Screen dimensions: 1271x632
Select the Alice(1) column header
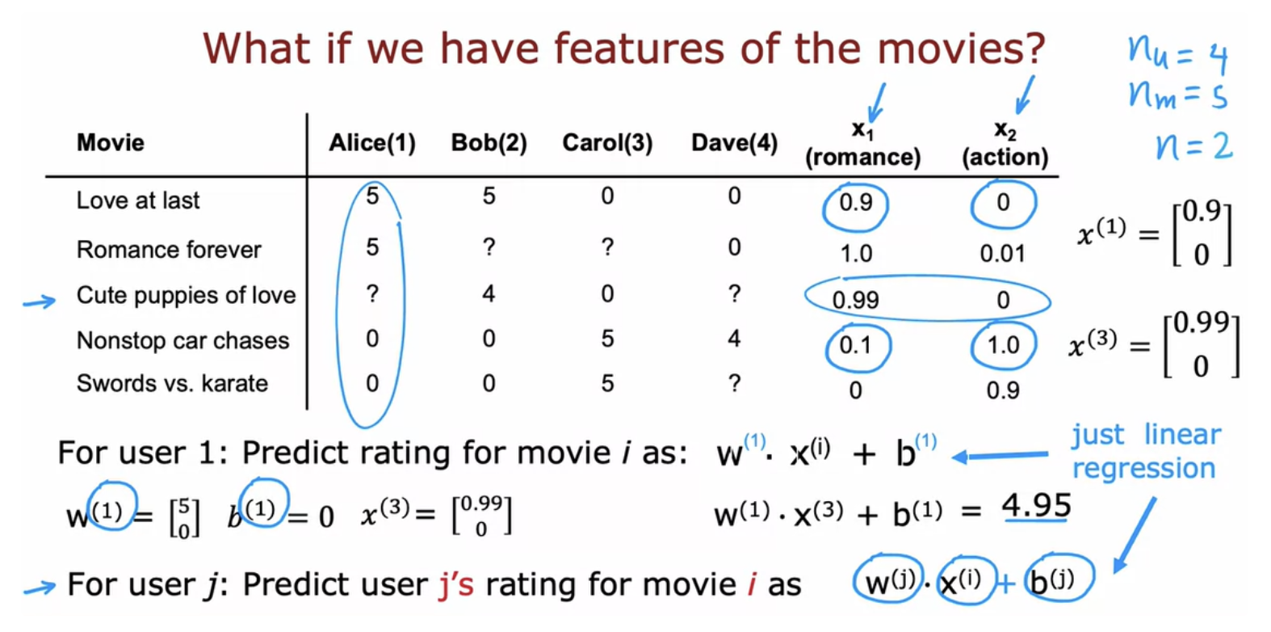(x=372, y=142)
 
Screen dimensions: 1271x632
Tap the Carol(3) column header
(x=607, y=142)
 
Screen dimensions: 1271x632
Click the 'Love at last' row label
(x=138, y=200)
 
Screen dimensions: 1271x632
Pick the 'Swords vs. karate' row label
(x=172, y=384)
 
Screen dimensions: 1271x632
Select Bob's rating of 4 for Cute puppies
(x=489, y=294)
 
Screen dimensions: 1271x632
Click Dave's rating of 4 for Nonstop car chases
(x=734, y=339)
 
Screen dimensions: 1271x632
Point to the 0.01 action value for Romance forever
(x=1003, y=254)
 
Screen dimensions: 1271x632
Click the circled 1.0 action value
(x=1003, y=345)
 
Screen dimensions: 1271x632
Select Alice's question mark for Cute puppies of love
(x=372, y=294)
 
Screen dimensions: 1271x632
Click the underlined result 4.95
(x=1036, y=505)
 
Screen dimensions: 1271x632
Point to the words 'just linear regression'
(x=1146, y=452)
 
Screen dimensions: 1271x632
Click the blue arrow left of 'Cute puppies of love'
(x=39, y=301)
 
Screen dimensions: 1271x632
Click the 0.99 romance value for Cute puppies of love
(x=855, y=300)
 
